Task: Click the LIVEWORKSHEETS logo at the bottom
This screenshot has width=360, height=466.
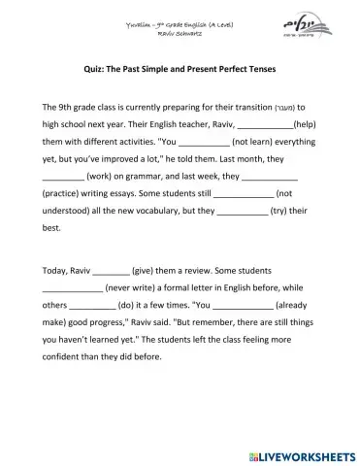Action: coord(301,450)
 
